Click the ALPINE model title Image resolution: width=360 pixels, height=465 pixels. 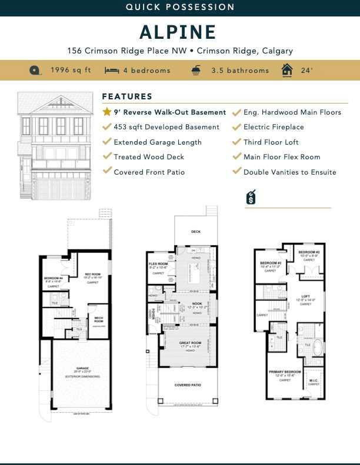178,32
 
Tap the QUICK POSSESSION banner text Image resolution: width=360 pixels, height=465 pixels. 180,7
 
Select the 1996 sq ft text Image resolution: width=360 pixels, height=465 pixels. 71,71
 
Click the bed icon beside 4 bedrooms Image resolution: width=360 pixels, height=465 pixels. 112,71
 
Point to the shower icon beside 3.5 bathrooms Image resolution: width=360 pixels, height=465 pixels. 195,71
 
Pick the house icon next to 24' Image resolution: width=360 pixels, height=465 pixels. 287,71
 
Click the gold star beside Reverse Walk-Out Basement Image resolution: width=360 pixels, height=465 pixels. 106,112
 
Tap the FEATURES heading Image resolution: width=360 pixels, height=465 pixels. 127,96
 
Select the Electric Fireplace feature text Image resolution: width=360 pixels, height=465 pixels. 274,127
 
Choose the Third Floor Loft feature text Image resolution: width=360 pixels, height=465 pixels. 271,142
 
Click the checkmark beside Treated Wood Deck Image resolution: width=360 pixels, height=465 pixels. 106,157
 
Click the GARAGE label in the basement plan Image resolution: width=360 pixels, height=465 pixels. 82,368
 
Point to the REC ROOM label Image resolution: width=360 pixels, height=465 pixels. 92,275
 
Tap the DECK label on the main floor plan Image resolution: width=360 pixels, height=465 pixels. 196,232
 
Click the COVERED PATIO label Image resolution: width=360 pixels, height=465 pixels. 188,386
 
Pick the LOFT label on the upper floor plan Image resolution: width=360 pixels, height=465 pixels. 305,296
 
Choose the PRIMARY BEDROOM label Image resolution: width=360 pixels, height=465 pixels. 285,372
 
